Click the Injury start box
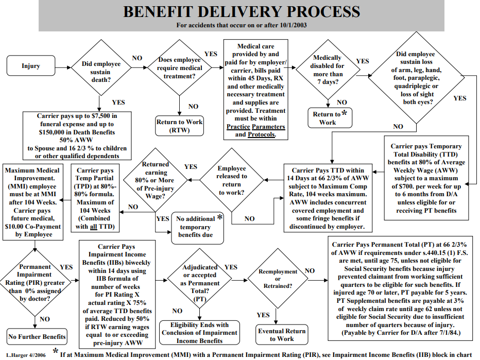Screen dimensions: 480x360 (x=31, y=65)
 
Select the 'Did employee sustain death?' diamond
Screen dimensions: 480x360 (x=101, y=67)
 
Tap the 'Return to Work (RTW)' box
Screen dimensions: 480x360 (x=179, y=126)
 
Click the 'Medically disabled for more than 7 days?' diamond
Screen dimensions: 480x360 (x=328, y=70)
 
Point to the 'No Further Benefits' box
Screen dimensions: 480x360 (x=37, y=336)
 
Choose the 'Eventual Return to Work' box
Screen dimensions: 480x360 (x=282, y=335)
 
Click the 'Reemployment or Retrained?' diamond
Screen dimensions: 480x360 (x=278, y=279)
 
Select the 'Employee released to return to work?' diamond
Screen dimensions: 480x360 (x=232, y=180)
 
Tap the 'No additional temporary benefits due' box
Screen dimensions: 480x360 (x=197, y=228)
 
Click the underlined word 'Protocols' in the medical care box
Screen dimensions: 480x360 (x=261, y=134)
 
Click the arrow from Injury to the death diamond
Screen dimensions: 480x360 (x=63, y=67)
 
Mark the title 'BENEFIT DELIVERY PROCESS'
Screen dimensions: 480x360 (x=241, y=12)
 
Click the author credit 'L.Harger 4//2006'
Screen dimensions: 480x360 (x=26, y=355)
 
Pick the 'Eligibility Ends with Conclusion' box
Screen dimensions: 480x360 (x=200, y=333)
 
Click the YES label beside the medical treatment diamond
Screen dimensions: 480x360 (x=211, y=54)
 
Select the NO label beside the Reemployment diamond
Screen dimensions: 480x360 (x=310, y=270)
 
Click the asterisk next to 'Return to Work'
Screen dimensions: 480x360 (x=344, y=113)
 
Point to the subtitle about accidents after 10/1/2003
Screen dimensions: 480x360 (x=241, y=25)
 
